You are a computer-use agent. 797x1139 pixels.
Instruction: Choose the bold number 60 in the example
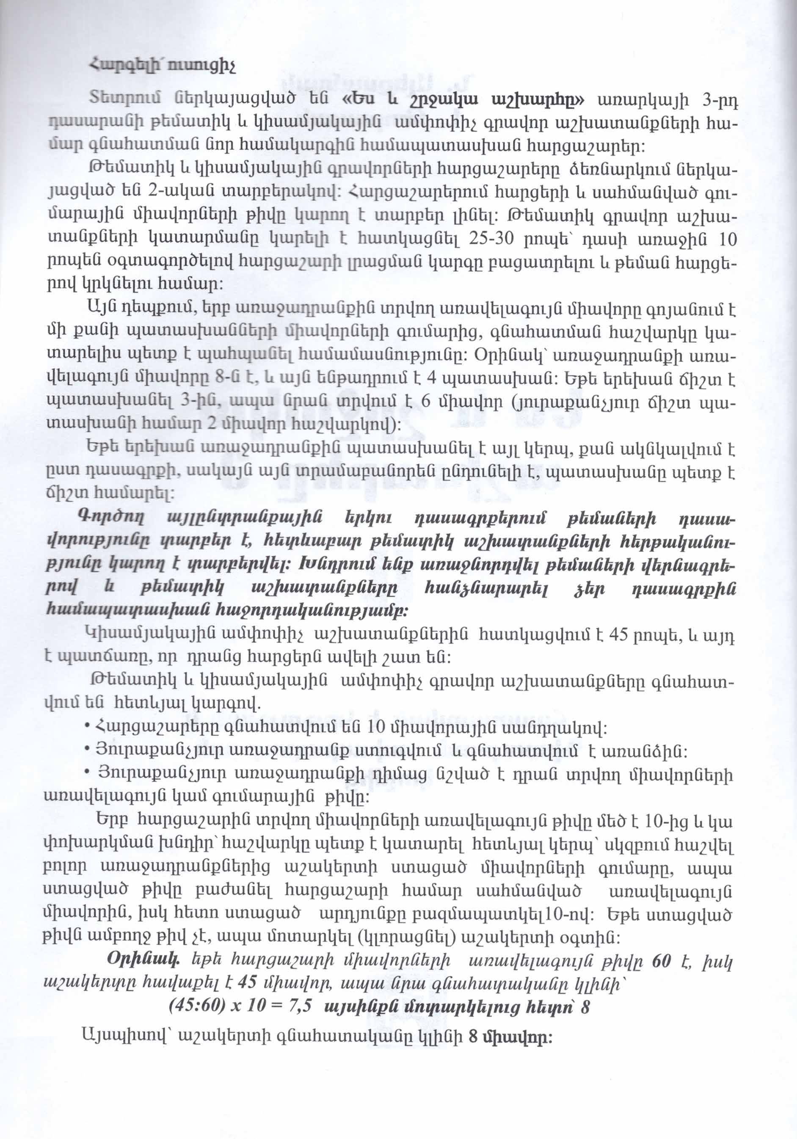662,960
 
